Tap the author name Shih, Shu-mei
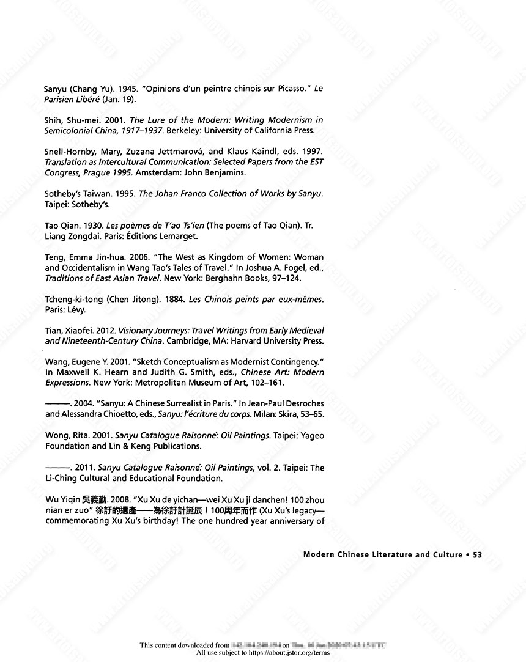tap(67, 120)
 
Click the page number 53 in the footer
tap(478, 554)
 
